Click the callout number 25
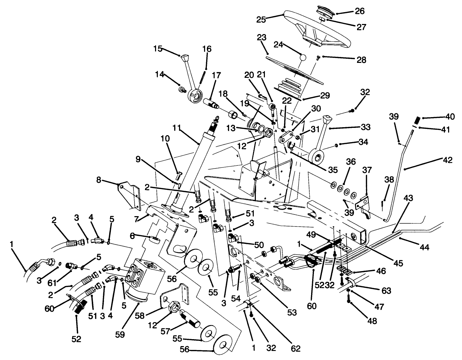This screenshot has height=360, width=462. tap(261, 19)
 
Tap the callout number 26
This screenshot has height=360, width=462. tap(359, 11)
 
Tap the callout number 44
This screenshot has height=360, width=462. tap(424, 247)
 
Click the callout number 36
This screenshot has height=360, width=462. tap(351, 162)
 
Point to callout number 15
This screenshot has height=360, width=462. tap(158, 49)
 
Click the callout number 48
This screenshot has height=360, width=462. tap(372, 321)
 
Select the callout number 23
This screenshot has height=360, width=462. tap(262, 38)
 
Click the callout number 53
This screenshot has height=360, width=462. tap(292, 312)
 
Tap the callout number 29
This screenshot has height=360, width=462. tap(325, 95)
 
